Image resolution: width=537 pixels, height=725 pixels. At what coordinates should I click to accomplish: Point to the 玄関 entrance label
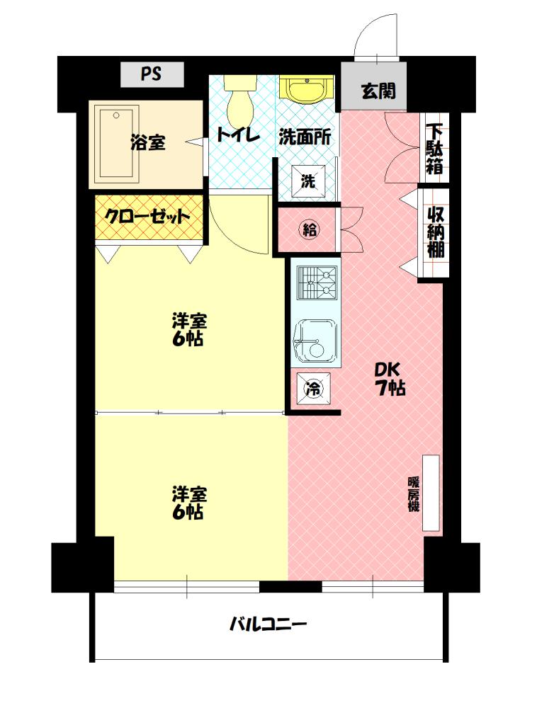point(375,90)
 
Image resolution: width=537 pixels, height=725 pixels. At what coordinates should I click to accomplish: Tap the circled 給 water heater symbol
point(310,229)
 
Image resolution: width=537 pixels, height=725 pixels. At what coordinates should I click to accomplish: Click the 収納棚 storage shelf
point(434,232)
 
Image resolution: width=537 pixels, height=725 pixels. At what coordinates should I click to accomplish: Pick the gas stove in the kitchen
point(315,283)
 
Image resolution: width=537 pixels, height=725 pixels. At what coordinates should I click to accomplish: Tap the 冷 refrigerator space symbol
point(312,387)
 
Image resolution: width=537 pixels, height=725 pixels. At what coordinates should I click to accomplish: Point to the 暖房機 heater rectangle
point(431,493)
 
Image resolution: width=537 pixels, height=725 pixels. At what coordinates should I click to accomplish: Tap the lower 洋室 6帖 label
point(188,502)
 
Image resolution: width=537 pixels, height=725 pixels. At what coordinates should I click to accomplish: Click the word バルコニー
point(268,624)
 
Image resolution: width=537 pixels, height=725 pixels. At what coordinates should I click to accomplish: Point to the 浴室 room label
point(148,142)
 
